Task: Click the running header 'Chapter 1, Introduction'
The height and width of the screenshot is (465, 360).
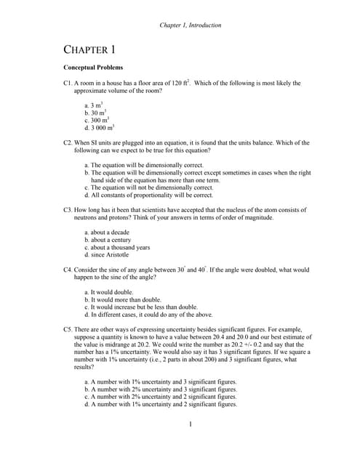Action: [x=190, y=25]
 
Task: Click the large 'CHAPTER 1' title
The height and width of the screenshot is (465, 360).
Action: [x=89, y=50]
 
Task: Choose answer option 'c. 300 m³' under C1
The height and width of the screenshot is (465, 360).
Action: [x=96, y=121]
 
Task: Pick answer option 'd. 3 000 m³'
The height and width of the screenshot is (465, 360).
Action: [x=99, y=129]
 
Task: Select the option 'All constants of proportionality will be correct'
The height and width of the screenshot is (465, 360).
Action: [x=148, y=195]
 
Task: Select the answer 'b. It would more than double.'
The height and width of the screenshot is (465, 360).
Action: [x=122, y=299]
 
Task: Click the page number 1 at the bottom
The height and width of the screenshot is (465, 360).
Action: [x=189, y=424]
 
